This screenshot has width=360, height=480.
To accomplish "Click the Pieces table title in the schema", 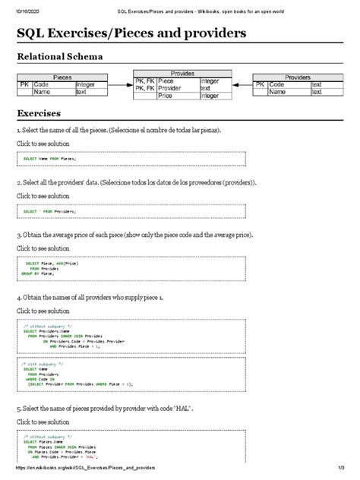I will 62,77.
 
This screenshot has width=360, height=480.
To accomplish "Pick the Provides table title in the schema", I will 182,74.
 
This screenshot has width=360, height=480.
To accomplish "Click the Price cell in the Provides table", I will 166,96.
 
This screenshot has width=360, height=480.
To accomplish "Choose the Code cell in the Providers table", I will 278,85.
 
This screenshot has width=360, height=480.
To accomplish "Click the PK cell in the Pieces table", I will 24,85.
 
